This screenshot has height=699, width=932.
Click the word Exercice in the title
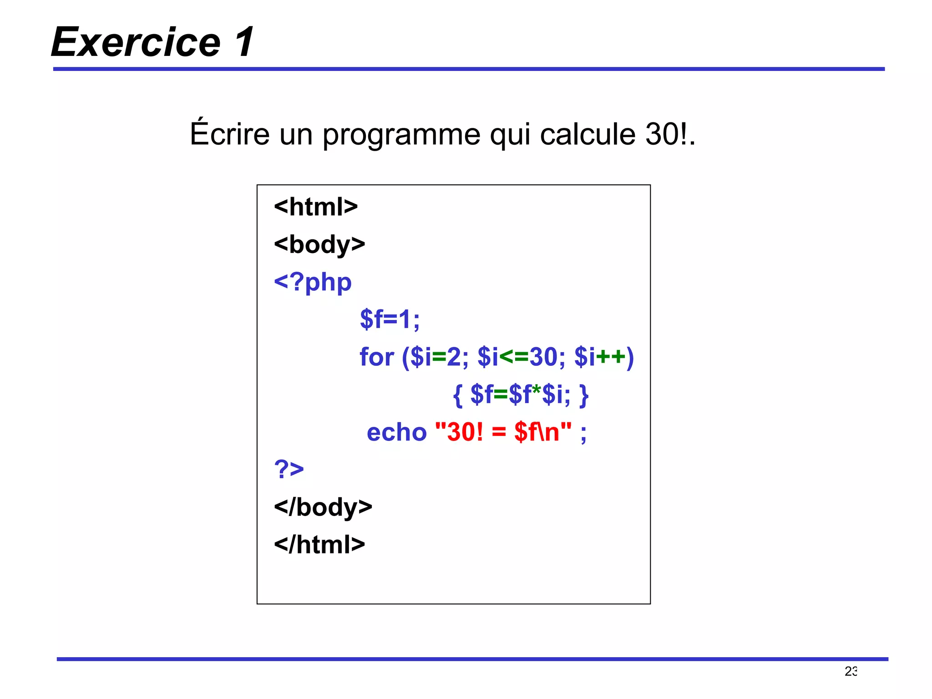point(136,42)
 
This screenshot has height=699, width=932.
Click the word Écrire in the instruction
point(230,134)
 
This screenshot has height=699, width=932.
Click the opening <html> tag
point(316,207)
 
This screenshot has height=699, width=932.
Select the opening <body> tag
point(319,244)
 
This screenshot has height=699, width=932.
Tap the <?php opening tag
point(313,282)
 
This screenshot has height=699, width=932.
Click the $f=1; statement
point(390,319)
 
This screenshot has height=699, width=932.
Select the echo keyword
point(396,432)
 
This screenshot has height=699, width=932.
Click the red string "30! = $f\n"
point(503,432)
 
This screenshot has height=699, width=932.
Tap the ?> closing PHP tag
point(289,469)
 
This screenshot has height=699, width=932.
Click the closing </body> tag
point(323,507)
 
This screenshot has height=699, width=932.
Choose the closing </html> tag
point(319,544)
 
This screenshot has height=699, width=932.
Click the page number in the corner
point(851,671)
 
